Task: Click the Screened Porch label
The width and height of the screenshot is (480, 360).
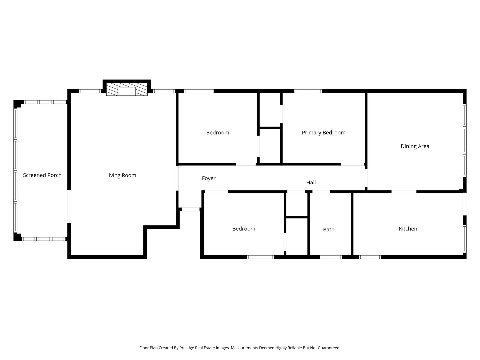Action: pos(42,175)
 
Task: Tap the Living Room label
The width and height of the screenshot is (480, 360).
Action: pos(121,175)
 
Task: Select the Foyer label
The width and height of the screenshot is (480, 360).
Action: pos(209,178)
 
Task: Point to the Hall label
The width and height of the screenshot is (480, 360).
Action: pos(311,182)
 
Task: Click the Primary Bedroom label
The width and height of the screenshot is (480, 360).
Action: pos(324,132)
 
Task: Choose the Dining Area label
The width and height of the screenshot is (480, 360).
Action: pos(415,146)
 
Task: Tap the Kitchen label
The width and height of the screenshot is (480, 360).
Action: pos(408,229)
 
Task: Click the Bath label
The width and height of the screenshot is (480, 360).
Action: pos(329,230)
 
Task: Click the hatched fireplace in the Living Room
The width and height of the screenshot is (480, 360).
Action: pos(127,89)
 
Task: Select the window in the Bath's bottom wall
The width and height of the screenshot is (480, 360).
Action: pos(331,257)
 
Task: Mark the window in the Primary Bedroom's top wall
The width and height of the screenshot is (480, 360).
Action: pos(308,91)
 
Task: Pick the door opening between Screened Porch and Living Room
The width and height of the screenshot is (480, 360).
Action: pos(69,207)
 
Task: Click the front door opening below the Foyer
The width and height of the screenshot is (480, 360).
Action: pos(190,209)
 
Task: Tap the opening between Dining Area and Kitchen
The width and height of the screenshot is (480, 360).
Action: pos(404,192)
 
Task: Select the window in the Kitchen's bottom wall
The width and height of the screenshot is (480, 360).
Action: pos(370,257)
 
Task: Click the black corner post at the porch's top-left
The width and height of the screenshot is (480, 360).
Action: pos(17,104)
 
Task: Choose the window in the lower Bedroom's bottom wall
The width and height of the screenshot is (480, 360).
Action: pos(260,257)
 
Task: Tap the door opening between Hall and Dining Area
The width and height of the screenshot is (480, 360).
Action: pos(366,178)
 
